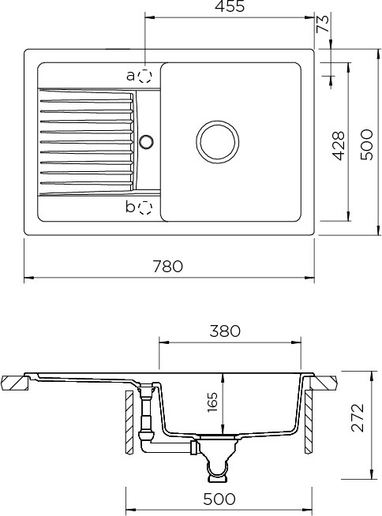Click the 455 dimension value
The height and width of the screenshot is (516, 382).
coord(230,6)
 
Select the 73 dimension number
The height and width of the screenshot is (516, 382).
coord(323,24)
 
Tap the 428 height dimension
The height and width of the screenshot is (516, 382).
coord(339,146)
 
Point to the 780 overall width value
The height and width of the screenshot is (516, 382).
coord(167,266)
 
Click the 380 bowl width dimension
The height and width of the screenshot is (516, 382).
coord(225,331)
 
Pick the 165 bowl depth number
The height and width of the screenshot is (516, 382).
coord(212,402)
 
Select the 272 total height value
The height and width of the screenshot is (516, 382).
coord(358,417)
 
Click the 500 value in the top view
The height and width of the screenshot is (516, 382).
coord(366,145)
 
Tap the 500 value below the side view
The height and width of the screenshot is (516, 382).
coord(219,499)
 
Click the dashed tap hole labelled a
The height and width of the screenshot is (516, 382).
coord(145,77)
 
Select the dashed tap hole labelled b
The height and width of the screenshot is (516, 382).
coord(145,208)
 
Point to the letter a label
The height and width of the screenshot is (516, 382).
coord(131,76)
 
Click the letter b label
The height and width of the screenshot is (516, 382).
coord(130,207)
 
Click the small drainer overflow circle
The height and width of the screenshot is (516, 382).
coord(146,141)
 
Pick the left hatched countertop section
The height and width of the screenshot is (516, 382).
coord(15,383)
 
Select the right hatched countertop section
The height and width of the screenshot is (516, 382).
coord(324,383)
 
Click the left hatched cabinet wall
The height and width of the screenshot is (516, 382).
coord(129,422)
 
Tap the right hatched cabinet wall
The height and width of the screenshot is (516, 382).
coord(309,422)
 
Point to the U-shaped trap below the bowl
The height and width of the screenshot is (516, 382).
coord(217,467)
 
